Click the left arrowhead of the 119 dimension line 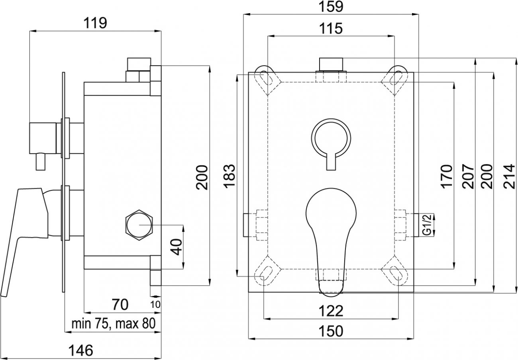tap(33, 31)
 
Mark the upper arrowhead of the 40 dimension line tap(183, 228)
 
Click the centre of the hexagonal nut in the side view tap(139, 225)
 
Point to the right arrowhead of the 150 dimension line tap(410, 339)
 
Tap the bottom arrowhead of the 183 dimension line tap(237, 273)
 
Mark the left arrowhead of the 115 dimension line tap(271, 36)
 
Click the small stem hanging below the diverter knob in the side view tap(41, 162)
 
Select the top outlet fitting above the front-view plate tap(331, 65)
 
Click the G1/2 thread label tap(428, 225)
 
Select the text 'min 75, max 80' tap(114, 324)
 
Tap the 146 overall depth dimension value tap(81, 350)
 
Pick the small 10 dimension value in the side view tap(155, 305)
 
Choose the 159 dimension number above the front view tap(331, 7)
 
